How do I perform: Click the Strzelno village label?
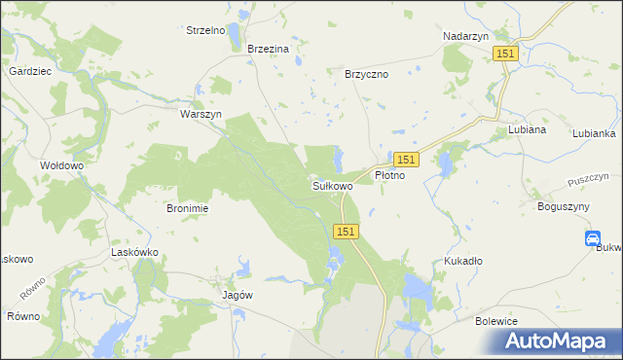205,30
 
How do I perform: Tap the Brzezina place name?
269,49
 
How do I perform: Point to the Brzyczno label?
367,73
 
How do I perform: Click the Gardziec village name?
30,72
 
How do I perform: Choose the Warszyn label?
202,114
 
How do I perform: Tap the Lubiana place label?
527,129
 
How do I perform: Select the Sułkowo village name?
332,185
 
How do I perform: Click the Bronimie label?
188,208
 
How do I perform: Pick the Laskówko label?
135,252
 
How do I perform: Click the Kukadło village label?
464,262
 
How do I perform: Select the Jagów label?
238,295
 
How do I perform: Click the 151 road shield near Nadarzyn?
504,54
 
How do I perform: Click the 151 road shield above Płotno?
407,159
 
